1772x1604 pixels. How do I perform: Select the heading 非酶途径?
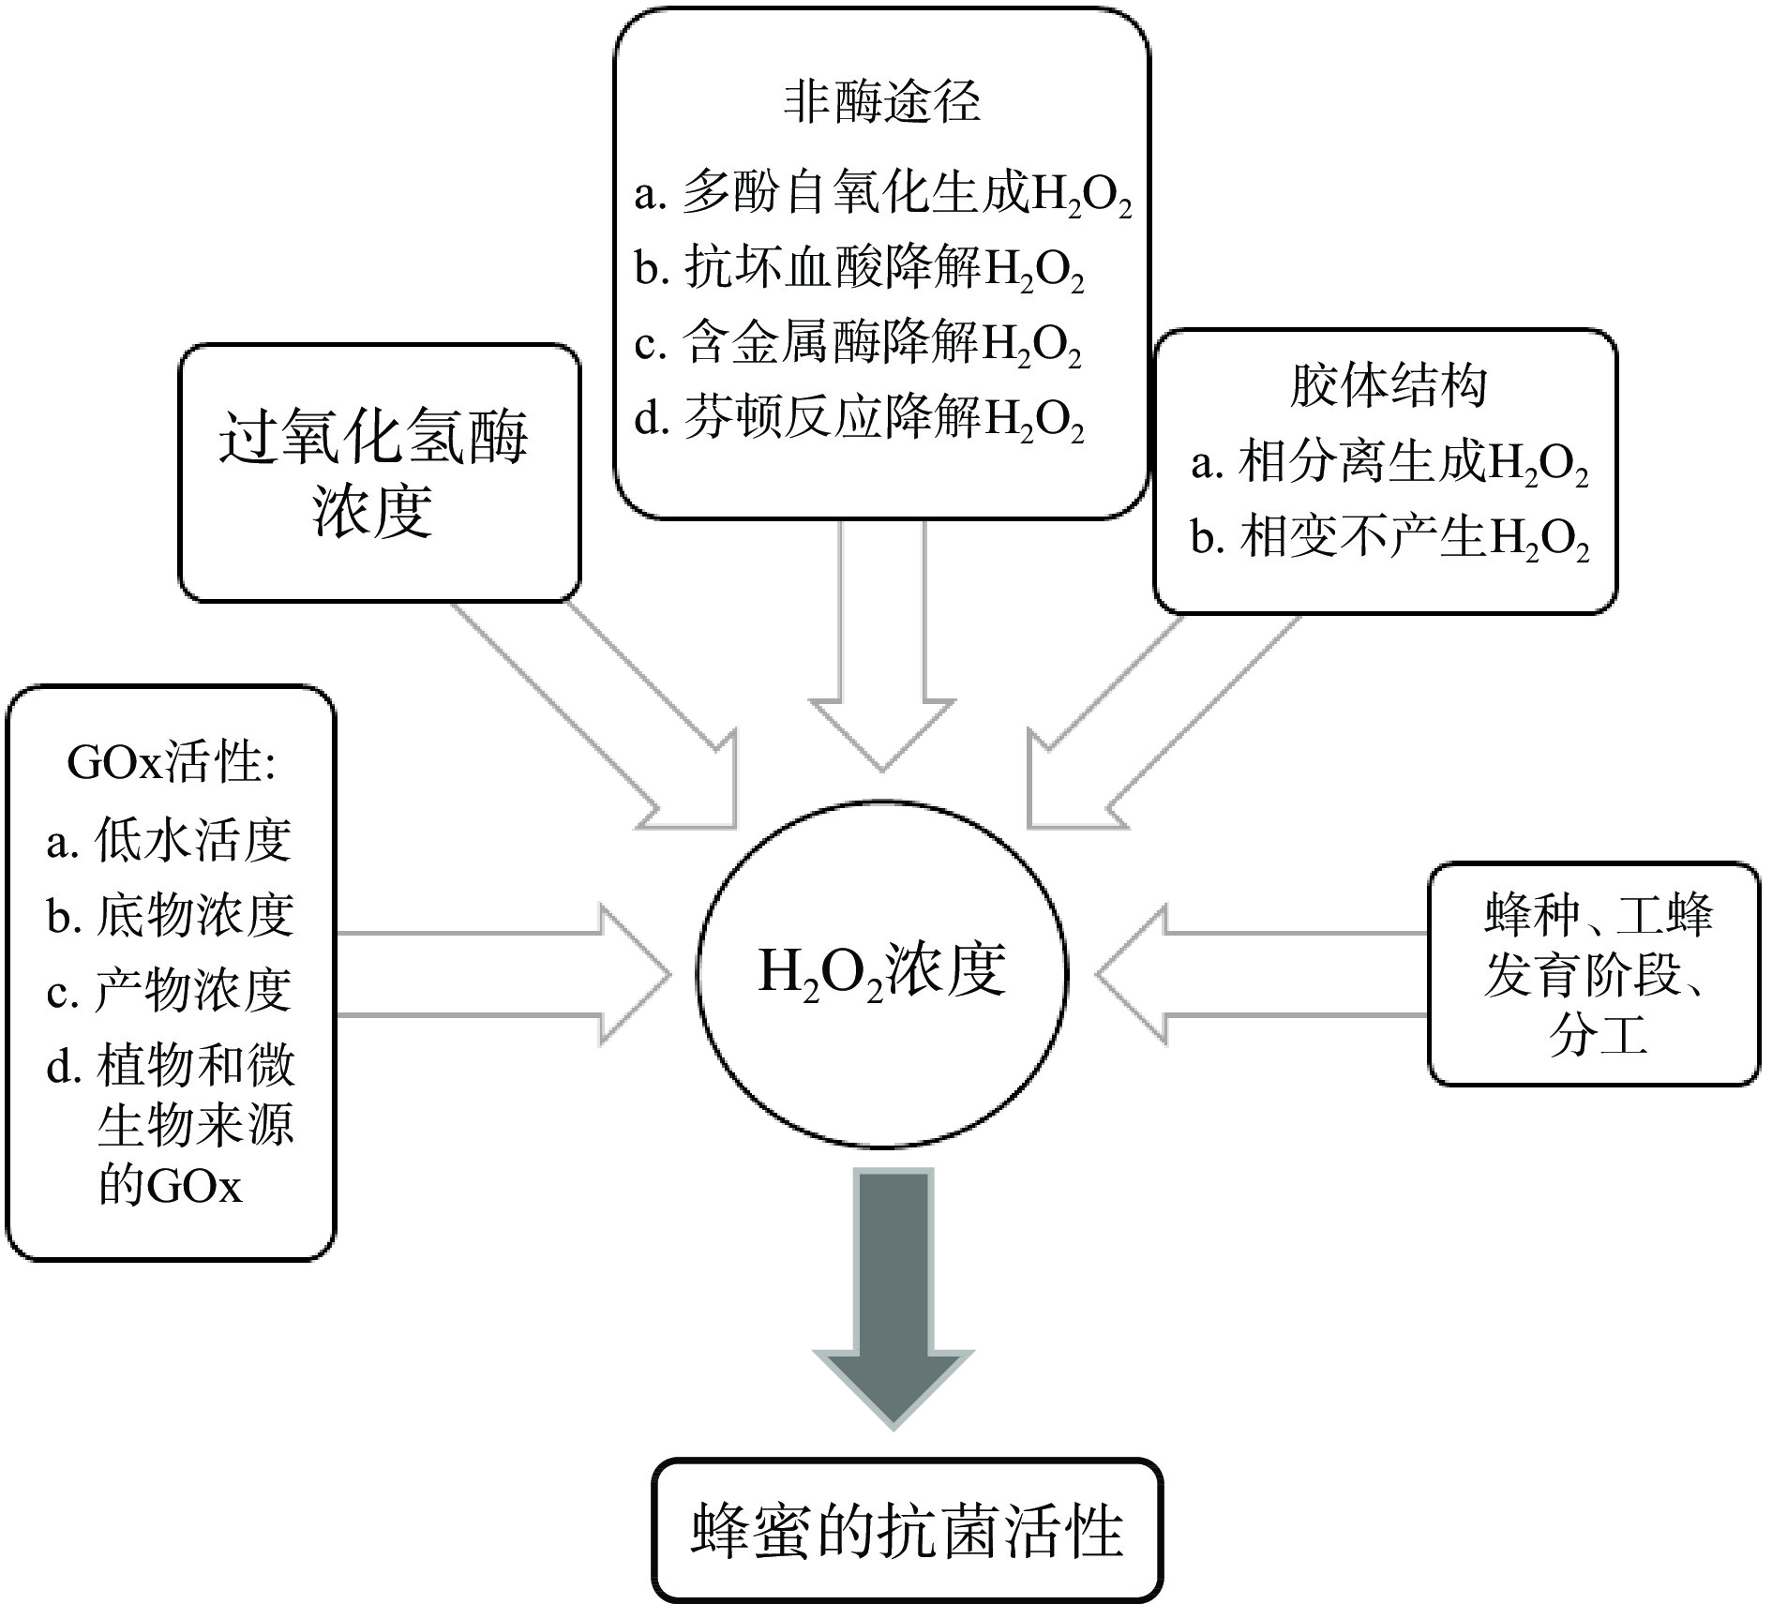click(x=881, y=101)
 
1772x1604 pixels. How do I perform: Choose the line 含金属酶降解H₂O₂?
click(x=859, y=343)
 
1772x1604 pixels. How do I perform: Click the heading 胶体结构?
click(x=1388, y=385)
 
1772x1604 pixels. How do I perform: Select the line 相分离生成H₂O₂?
click(x=1389, y=464)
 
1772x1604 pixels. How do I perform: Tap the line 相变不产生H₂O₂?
click(x=1389, y=539)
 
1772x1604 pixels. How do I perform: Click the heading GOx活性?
click(x=172, y=763)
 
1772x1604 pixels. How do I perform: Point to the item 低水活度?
click(x=170, y=840)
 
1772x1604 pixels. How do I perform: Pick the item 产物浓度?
click(x=170, y=990)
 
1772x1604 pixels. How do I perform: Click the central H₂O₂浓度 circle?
click(x=881, y=972)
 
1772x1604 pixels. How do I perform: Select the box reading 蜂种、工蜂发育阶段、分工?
click(x=1594, y=975)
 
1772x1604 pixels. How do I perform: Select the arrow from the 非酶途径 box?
click(x=882, y=647)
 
